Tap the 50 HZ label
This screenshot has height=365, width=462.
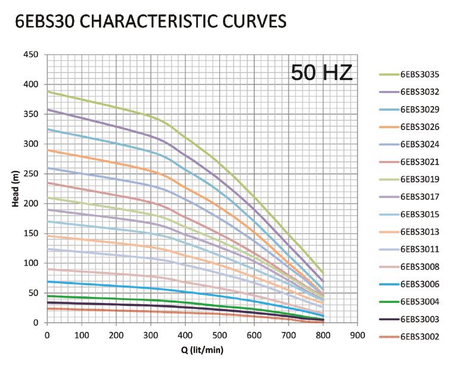tap(321, 72)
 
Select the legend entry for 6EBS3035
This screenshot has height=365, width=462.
tap(420, 75)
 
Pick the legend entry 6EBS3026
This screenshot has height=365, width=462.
tap(420, 126)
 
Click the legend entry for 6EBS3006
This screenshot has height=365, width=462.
tap(420, 284)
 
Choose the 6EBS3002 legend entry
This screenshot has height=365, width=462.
tap(420, 337)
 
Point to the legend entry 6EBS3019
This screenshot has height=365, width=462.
tap(420, 179)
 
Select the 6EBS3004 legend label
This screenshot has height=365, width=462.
tap(420, 302)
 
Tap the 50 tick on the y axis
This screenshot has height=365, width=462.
tap(33, 293)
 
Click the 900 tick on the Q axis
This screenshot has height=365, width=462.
tap(357, 335)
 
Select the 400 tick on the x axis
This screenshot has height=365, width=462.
tap(185, 335)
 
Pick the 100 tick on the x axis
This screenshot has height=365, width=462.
tap(82, 335)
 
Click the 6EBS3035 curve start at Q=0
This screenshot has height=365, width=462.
tap(48, 92)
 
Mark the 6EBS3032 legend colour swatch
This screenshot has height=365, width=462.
tap(388, 92)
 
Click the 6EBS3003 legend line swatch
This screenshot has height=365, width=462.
tap(388, 319)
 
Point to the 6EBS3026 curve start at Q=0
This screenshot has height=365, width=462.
tap(48, 150)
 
